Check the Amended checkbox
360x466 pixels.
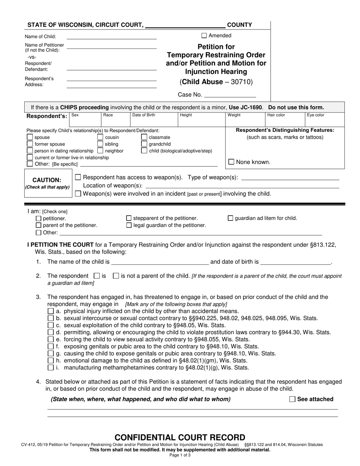click(204, 36)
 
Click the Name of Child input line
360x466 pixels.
click(111, 37)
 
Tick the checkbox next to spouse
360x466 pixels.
click(30, 137)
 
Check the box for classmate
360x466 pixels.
click(144, 137)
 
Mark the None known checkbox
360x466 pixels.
click(231, 162)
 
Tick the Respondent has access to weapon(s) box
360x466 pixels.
click(78, 177)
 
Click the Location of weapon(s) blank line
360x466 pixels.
click(243, 186)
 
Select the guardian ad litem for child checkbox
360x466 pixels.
click(230, 218)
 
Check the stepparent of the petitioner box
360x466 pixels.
click(128, 218)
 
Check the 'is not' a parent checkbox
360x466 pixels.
click(116, 276)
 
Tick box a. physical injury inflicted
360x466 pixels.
click(50, 311)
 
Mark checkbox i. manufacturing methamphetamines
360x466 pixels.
click(50, 367)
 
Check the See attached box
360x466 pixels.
click(292, 399)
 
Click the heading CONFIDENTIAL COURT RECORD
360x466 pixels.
click(180, 437)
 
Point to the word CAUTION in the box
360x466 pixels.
click(47, 180)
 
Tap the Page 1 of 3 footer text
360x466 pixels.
click(180, 455)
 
